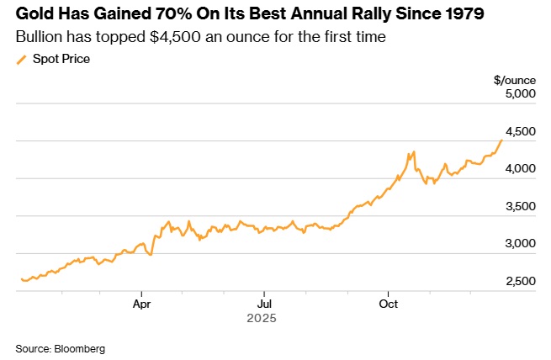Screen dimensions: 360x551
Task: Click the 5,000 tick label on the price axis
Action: coord(519,94)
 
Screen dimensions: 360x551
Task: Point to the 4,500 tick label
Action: coord(519,131)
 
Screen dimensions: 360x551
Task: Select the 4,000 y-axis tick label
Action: coord(519,169)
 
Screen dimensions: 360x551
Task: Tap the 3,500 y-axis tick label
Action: coord(519,206)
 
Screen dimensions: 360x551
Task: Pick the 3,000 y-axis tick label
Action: coord(519,244)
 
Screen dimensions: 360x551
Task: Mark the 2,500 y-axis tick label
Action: coord(519,281)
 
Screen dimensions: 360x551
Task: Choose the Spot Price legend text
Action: coord(61,59)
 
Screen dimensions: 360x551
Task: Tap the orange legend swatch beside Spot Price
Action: coord(22,59)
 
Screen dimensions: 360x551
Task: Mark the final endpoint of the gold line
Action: coord(502,140)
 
